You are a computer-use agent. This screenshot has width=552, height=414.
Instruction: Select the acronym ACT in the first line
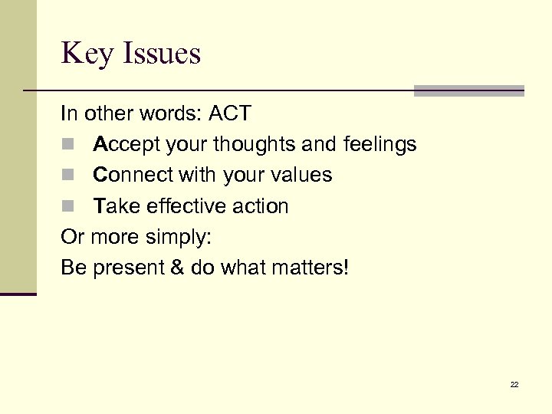(x=229, y=113)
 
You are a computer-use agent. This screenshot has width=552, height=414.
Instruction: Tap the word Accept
(x=123, y=144)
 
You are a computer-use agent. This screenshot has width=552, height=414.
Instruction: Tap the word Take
(x=113, y=206)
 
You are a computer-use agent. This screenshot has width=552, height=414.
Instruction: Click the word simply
(x=181, y=238)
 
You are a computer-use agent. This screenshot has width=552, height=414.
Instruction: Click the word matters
(x=312, y=268)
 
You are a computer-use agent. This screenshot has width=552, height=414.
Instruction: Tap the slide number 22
(x=514, y=384)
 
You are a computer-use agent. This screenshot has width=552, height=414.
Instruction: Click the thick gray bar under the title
(x=468, y=90)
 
